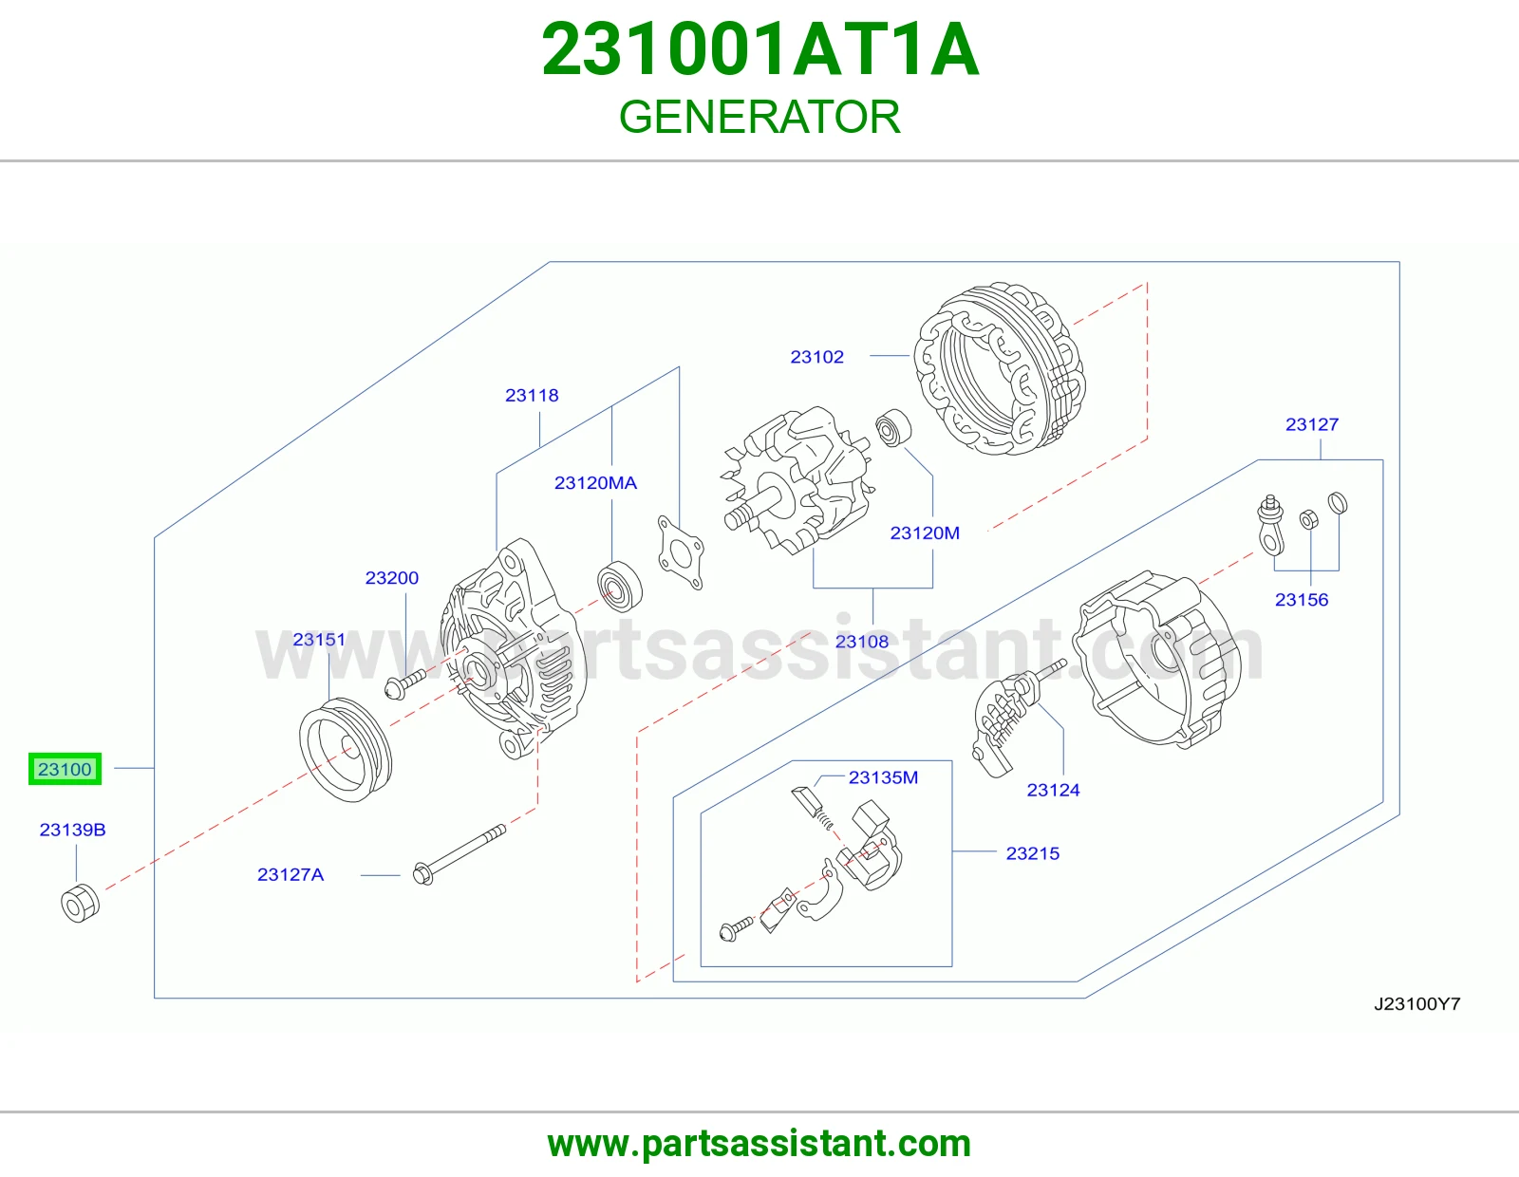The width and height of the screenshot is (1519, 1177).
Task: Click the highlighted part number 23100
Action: [65, 769]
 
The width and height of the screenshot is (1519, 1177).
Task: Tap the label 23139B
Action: [73, 830]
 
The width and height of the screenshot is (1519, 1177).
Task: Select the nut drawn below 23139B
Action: [81, 903]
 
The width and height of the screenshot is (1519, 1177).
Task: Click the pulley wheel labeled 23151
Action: [346, 749]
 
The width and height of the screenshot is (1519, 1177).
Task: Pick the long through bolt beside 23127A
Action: [459, 854]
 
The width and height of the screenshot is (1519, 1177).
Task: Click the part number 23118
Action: [532, 396]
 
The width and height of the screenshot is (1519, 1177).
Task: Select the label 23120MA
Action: [595, 483]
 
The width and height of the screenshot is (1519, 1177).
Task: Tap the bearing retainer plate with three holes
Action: [680, 552]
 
